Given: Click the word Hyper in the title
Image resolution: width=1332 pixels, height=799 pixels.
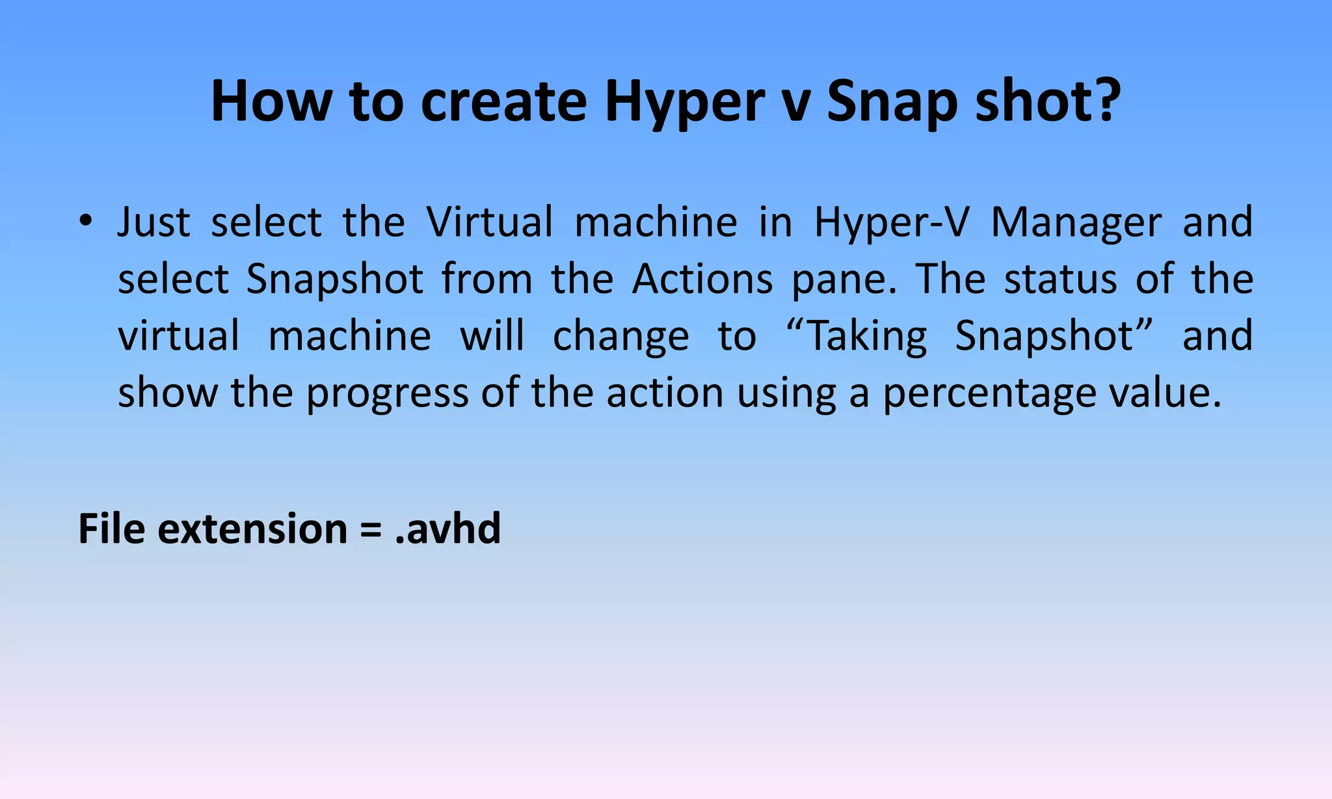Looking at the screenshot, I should [x=684, y=103].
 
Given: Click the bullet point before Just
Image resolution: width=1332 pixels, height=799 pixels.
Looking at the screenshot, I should [x=85, y=221].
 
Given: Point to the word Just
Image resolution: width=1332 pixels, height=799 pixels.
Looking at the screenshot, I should [x=153, y=222].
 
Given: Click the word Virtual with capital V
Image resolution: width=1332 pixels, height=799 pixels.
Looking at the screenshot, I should [x=489, y=222].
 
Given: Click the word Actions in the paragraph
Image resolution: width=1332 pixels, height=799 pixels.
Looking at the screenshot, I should [x=702, y=280].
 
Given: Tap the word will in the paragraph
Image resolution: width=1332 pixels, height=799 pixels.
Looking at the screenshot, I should [x=492, y=336].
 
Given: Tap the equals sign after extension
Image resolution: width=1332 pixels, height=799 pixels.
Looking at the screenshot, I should [x=370, y=529].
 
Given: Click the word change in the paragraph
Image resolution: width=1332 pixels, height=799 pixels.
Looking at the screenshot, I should [x=620, y=337].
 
